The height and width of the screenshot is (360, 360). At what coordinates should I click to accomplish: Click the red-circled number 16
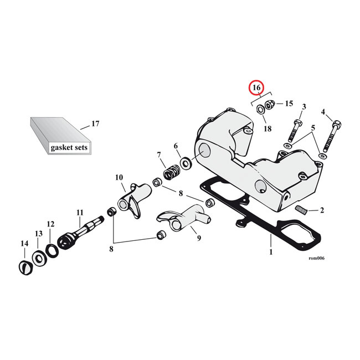pyautogui.click(x=256, y=88)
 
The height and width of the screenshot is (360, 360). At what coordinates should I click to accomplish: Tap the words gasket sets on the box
pyautogui.click(x=69, y=147)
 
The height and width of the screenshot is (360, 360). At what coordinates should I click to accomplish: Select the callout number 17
pyautogui.click(x=95, y=124)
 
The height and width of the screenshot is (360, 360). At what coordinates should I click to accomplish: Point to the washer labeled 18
pyautogui.click(x=261, y=109)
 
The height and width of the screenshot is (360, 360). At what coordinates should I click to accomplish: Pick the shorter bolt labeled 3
pyautogui.click(x=294, y=130)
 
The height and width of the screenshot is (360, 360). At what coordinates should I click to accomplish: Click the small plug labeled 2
pyautogui.click(x=301, y=210)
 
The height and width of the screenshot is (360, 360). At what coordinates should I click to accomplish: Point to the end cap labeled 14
pyautogui.click(x=26, y=268)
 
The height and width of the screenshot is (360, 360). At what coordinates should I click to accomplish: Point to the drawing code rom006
pyautogui.click(x=317, y=258)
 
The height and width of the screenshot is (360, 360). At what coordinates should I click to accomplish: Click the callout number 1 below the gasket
pyautogui.click(x=271, y=252)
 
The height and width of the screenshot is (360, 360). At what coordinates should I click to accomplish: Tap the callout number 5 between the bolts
pyautogui.click(x=313, y=128)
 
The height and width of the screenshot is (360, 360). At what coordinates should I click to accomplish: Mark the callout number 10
pyautogui.click(x=119, y=177)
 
